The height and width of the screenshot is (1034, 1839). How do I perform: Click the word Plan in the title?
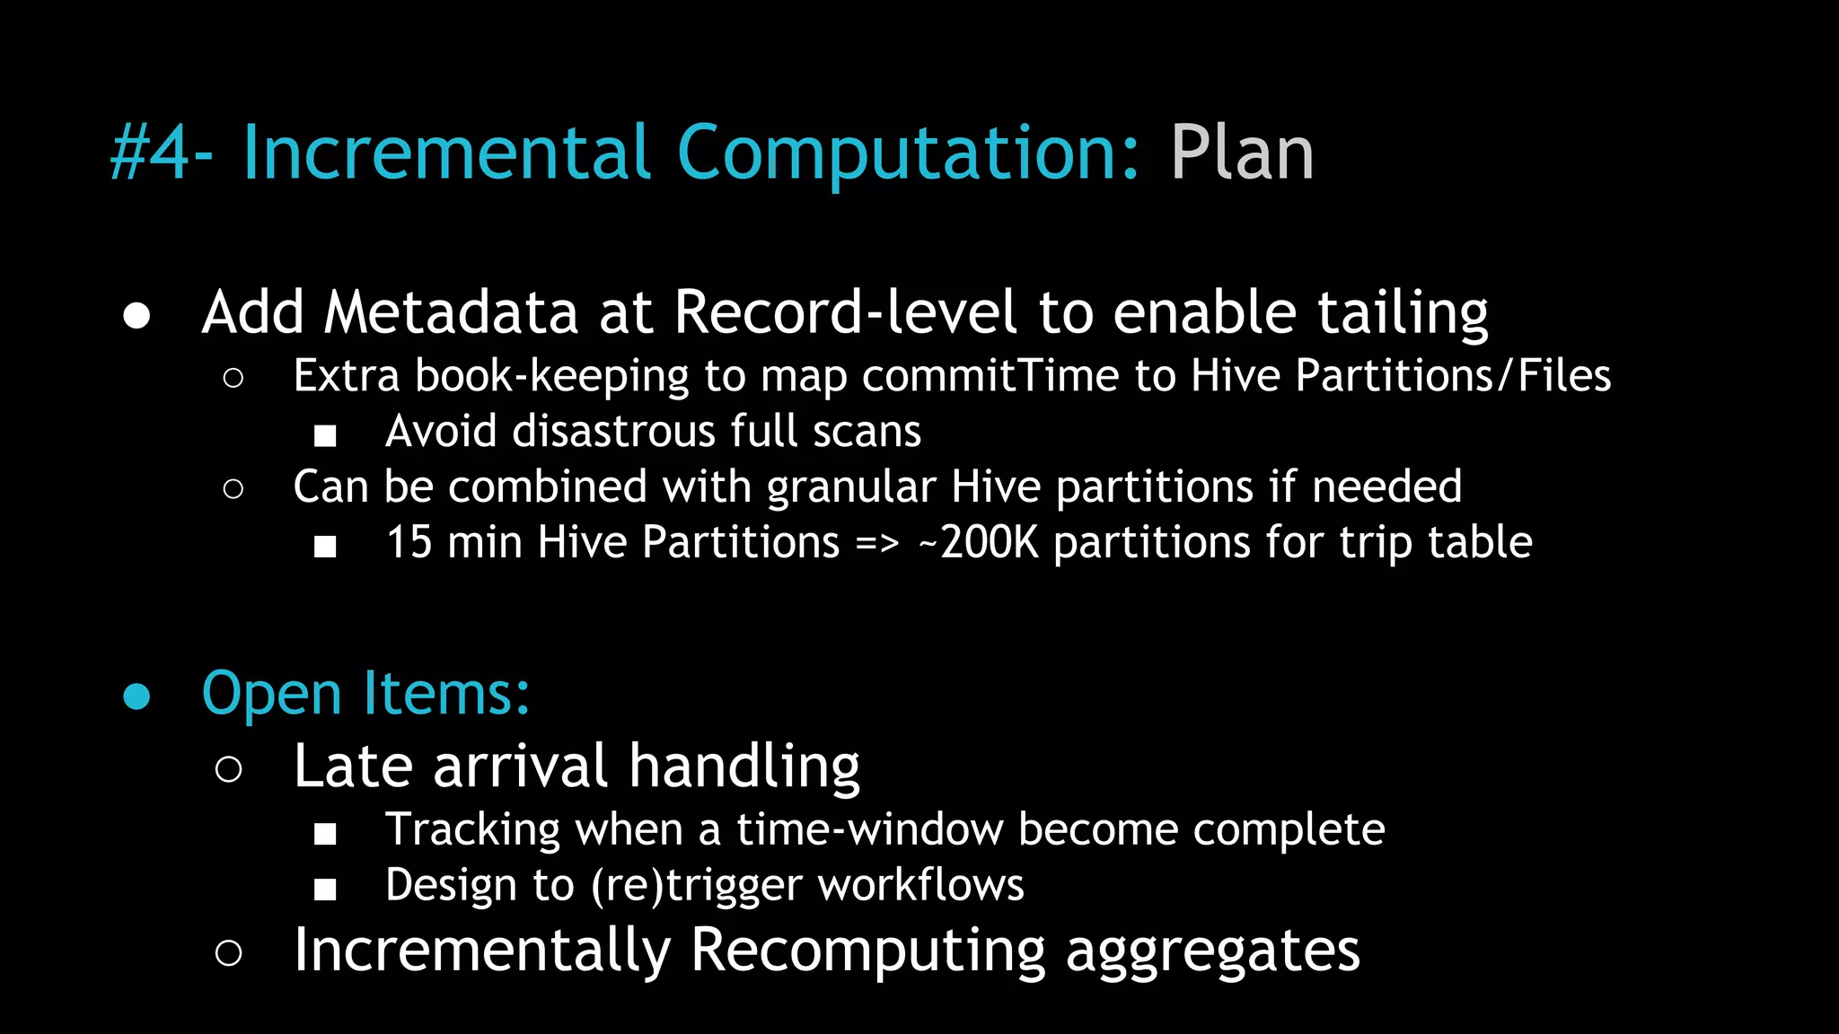click(x=1242, y=153)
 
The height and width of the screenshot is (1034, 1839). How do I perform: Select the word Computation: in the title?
click(x=907, y=153)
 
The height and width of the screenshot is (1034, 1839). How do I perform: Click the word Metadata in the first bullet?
click(x=451, y=312)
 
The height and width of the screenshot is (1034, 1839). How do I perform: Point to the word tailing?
click(x=1403, y=314)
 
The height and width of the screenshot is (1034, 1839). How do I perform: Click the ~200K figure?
click(x=979, y=543)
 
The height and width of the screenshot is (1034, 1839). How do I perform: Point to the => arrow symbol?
click(x=876, y=544)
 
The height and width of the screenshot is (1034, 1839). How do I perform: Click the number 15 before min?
click(x=409, y=543)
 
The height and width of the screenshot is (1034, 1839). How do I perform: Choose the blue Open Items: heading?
click(x=365, y=694)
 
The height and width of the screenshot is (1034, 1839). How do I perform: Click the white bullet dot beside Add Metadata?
click(x=136, y=316)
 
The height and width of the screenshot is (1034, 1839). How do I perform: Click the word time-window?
click(x=869, y=829)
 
